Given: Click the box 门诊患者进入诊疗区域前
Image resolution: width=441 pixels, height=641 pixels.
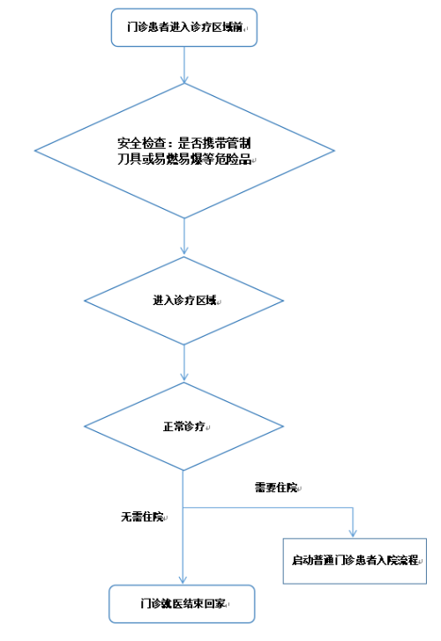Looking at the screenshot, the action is [x=184, y=27].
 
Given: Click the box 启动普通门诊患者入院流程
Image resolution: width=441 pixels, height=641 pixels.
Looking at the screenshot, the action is [x=355, y=561].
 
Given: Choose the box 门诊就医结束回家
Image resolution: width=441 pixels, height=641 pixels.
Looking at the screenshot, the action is [x=182, y=604].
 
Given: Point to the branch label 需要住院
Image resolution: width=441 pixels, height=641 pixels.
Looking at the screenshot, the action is [x=276, y=488].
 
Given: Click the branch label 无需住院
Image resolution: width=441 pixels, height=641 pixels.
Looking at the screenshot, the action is [x=142, y=517].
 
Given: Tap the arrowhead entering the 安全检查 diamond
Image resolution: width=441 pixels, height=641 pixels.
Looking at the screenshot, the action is [x=184, y=79].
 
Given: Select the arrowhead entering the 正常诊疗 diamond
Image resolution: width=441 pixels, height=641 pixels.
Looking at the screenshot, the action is [x=184, y=376].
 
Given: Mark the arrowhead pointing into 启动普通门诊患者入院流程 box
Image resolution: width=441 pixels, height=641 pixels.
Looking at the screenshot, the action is [x=353, y=533].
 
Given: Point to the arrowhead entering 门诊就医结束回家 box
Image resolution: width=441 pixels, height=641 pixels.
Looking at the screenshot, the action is [x=183, y=579].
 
